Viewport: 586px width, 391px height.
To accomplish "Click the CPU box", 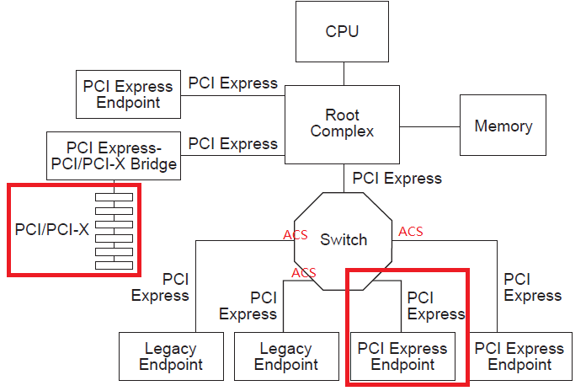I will [342, 32].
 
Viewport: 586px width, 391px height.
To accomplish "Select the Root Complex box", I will [342, 123].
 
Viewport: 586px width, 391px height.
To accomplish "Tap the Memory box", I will [503, 126].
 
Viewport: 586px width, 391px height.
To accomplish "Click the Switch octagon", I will [344, 240].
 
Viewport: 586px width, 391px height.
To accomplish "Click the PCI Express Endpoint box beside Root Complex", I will [129, 94].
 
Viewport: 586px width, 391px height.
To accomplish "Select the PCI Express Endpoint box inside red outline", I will [402, 356].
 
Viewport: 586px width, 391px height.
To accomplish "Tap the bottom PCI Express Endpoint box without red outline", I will [519, 356].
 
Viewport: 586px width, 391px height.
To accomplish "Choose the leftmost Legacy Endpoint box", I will [171, 356].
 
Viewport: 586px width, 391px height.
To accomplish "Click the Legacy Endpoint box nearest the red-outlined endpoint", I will [286, 356].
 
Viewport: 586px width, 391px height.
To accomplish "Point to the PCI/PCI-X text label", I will [51, 229].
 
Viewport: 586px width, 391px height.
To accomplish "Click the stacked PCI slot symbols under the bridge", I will [115, 230].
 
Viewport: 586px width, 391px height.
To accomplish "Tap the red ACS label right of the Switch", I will [410, 232].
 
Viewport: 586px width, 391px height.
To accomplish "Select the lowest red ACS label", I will [304, 272].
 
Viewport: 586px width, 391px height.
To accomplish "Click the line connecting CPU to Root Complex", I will [342, 73].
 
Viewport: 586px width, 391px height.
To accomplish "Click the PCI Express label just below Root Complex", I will [397, 179].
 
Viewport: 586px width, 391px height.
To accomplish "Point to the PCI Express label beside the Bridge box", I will [232, 143].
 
